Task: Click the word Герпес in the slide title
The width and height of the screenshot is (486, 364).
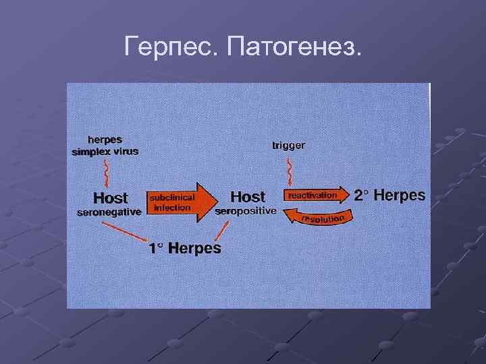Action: click(x=172, y=47)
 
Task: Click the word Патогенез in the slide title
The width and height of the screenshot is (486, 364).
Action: click(x=295, y=47)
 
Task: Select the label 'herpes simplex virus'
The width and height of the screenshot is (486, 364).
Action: click(x=105, y=146)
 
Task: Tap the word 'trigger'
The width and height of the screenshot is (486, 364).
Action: click(x=288, y=145)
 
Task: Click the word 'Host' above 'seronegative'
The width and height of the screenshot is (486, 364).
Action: click(x=110, y=198)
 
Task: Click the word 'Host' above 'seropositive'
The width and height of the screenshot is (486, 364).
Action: click(x=248, y=197)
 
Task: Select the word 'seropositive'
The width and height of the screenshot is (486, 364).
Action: click(x=246, y=211)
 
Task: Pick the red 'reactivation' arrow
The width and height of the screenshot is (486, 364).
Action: click(x=316, y=195)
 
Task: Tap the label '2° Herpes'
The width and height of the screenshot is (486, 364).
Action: click(x=389, y=195)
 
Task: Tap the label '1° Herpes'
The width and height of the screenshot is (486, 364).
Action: click(x=184, y=248)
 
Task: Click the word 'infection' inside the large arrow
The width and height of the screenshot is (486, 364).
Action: click(x=172, y=208)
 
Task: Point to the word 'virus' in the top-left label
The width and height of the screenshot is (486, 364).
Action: click(x=126, y=152)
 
